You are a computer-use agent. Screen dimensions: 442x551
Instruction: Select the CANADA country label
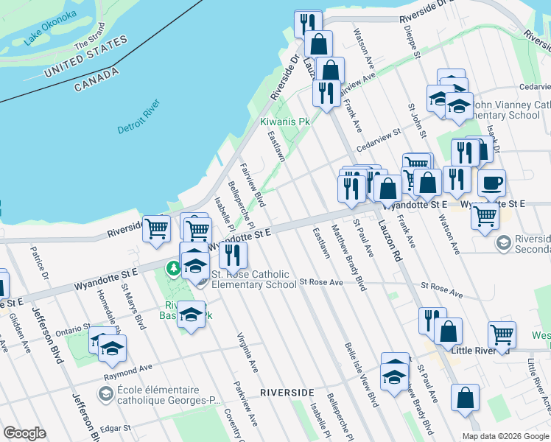96,80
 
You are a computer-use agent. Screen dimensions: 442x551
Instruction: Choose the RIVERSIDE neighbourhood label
288,392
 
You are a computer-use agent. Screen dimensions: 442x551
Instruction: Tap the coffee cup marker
491,183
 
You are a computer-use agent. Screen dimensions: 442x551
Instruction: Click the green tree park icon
175,267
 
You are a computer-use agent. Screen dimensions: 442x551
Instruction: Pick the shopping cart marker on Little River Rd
502,334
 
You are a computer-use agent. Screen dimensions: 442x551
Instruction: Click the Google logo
25,433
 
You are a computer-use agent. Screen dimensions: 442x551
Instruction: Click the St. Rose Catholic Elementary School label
254,279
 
